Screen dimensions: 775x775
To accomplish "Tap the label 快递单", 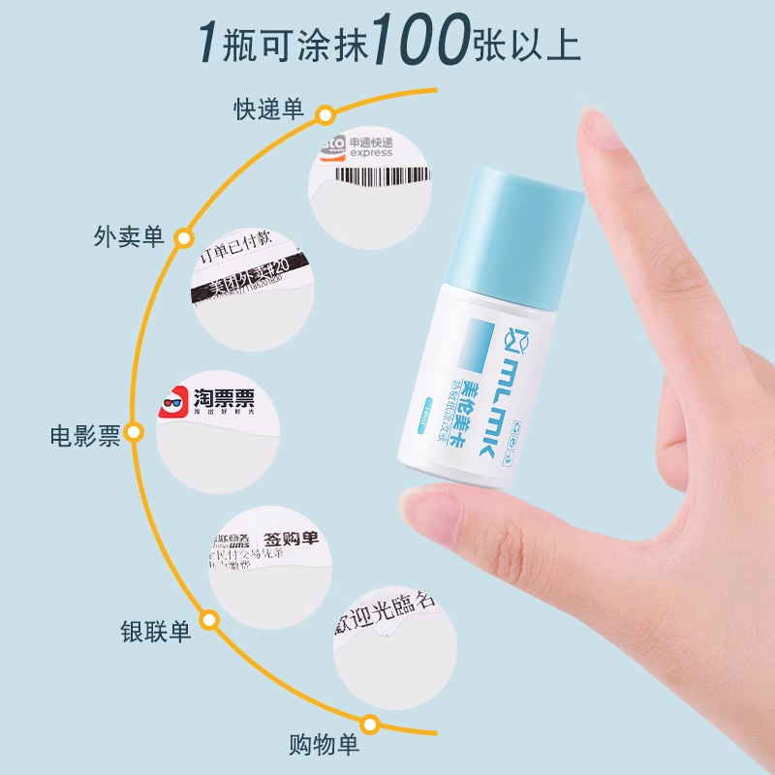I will [268, 109].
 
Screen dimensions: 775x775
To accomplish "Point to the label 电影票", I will [85, 435].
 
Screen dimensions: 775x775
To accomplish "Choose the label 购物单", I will [324, 745].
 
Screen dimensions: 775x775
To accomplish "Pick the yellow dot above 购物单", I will [369, 724].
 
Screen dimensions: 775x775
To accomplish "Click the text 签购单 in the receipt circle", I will [289, 538].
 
